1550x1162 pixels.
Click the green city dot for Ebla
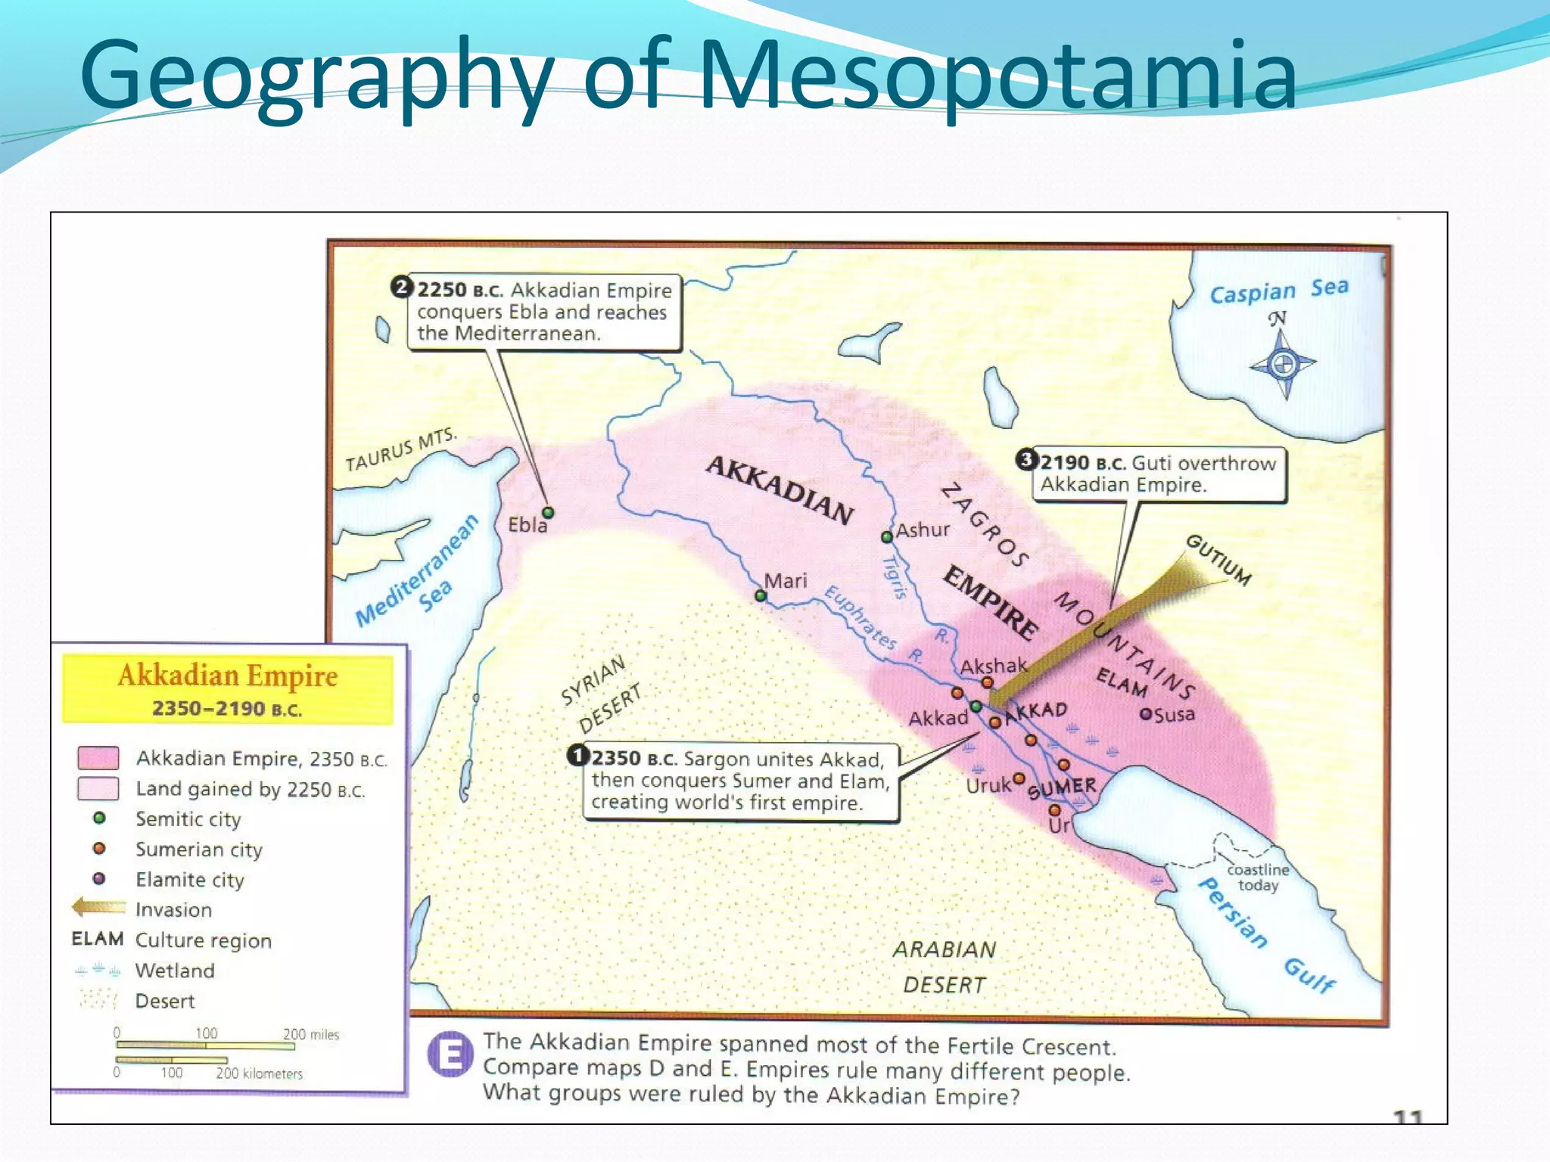(548, 513)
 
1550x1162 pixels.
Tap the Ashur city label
(923, 530)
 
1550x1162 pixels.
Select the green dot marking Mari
(761, 596)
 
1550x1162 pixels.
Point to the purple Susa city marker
(1146, 714)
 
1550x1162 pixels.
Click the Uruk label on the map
(988, 786)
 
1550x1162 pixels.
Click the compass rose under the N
(1283, 365)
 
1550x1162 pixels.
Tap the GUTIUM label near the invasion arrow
(1218, 560)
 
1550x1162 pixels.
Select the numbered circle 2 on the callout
(401, 287)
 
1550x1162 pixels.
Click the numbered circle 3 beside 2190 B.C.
(1026, 459)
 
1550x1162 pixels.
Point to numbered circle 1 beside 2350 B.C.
(578, 755)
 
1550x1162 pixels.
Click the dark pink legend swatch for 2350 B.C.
(98, 757)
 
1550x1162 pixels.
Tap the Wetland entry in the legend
(175, 971)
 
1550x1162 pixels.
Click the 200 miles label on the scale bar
(311, 1034)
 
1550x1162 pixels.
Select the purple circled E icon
(450, 1054)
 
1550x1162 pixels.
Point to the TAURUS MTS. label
(400, 449)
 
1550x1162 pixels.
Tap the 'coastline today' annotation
(1258, 878)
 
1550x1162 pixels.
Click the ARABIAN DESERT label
(945, 967)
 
